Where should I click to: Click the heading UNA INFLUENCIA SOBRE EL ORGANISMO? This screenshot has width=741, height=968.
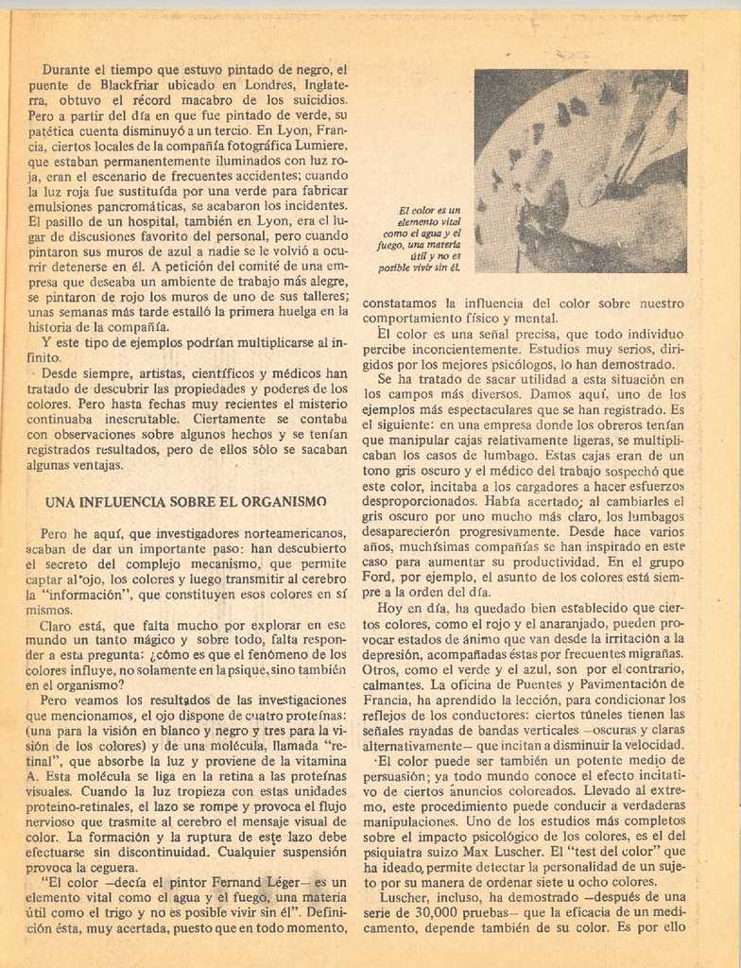[185, 501]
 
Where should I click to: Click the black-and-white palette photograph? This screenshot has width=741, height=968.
[580, 171]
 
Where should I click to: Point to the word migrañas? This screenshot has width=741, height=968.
[651, 653]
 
